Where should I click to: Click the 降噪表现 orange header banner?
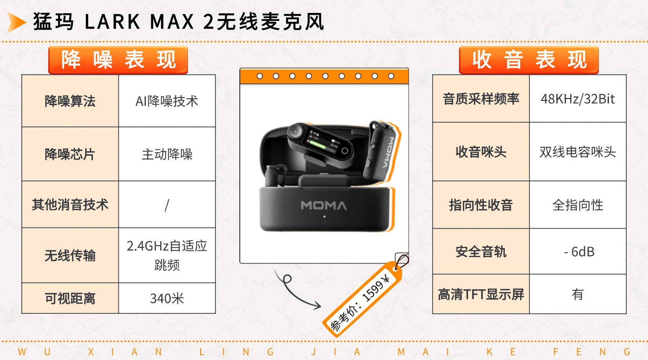(x=118, y=60)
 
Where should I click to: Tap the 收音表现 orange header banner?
(x=528, y=60)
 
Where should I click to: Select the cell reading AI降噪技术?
(x=167, y=101)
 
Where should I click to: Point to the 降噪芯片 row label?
(x=70, y=154)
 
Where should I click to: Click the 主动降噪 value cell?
(x=167, y=154)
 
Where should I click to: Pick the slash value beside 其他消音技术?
(x=167, y=204)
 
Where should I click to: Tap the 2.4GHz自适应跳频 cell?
(x=167, y=255)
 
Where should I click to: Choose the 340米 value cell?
(x=167, y=298)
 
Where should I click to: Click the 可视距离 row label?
(x=70, y=298)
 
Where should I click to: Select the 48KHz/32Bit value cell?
(x=578, y=99)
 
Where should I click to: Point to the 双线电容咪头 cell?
(x=578, y=152)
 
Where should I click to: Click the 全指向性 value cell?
(x=578, y=205)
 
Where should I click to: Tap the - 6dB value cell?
(x=578, y=252)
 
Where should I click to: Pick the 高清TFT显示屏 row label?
(x=481, y=294)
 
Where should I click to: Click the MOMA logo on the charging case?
(x=324, y=206)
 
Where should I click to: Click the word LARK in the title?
(x=112, y=22)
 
